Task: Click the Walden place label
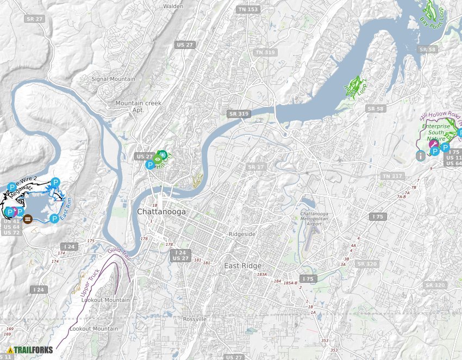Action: click(x=173, y=7)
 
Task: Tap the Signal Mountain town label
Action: click(x=113, y=79)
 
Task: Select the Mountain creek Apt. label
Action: click(x=139, y=106)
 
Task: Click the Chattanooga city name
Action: click(x=161, y=212)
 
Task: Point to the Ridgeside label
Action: click(x=241, y=234)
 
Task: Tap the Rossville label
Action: click(x=195, y=319)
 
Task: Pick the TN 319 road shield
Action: click(x=265, y=52)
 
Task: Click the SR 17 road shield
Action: click(x=255, y=166)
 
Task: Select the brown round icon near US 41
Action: click(x=28, y=219)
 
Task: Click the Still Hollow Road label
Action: click(x=439, y=115)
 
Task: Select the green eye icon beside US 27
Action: click(x=158, y=159)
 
